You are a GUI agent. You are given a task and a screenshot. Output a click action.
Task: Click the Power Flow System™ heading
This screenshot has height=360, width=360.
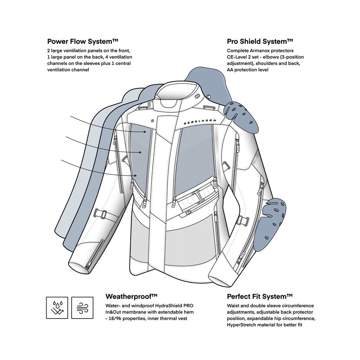tap(83, 41)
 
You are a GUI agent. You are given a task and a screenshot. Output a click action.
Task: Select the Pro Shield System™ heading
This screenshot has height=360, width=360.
tap(260, 41)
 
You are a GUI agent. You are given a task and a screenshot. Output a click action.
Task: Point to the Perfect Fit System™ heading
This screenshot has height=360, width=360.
tap(260, 296)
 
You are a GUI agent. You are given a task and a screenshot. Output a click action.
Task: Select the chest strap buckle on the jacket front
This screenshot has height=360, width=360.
tap(199, 194)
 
